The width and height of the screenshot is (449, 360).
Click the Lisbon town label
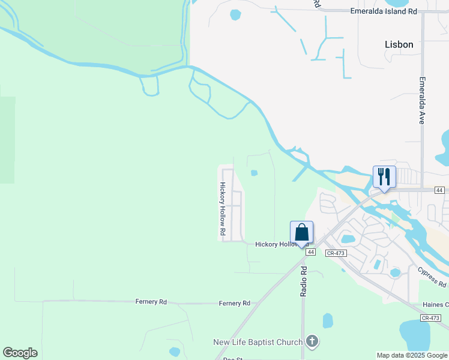(x=399, y=44)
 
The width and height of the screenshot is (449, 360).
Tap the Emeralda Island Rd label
(x=383, y=10)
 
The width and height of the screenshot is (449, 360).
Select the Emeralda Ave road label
(x=422, y=100)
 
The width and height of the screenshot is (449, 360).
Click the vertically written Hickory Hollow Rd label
(x=221, y=208)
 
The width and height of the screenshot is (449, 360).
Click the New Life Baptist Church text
(x=258, y=342)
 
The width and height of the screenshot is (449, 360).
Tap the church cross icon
(x=312, y=342)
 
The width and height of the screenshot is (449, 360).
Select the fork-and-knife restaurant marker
(x=384, y=177)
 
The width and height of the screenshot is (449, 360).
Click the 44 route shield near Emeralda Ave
(x=440, y=190)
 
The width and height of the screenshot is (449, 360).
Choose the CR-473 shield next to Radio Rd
(x=336, y=253)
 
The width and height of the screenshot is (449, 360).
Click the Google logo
(x=20, y=353)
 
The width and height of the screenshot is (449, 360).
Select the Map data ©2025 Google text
(x=412, y=355)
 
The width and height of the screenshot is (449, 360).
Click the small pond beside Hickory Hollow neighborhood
(x=254, y=173)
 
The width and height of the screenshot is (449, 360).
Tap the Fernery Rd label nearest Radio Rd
(x=234, y=304)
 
